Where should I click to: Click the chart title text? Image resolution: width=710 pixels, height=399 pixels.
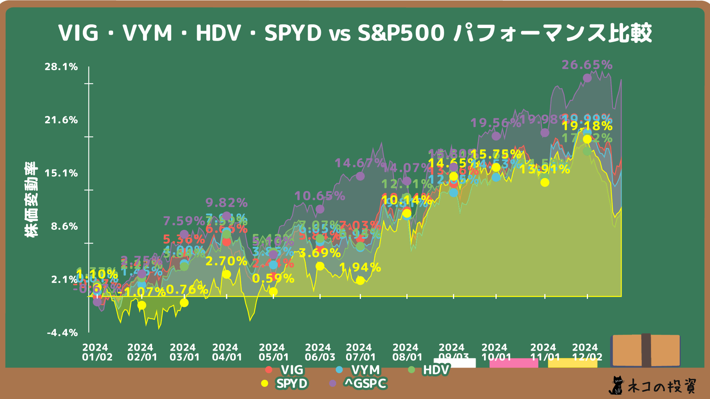point(355,33)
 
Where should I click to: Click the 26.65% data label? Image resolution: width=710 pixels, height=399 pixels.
point(587,65)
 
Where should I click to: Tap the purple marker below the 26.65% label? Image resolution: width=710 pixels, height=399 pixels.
point(587,78)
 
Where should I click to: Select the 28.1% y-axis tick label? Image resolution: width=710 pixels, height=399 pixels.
point(61,67)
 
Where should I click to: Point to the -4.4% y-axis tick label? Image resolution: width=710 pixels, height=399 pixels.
point(62,333)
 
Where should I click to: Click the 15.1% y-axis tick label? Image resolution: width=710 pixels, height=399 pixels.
point(61,173)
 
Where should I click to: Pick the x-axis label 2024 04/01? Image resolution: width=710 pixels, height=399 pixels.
point(227,352)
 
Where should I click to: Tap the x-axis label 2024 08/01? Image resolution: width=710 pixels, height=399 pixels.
point(407,352)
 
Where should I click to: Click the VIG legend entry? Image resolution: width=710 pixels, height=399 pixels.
point(291,370)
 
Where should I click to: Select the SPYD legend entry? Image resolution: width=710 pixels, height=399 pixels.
point(291,383)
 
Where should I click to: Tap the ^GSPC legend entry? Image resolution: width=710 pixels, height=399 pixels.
point(365,383)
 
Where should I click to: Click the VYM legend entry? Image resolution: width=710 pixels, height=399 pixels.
point(365,370)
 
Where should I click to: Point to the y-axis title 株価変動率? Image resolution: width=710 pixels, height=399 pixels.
point(31,199)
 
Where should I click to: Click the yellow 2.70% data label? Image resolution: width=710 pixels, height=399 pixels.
point(226,262)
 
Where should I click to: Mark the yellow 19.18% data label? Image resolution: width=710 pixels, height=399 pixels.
point(587,126)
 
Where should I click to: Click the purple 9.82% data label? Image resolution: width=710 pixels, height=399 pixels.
point(226,203)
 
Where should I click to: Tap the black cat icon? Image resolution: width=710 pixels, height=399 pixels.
point(616,386)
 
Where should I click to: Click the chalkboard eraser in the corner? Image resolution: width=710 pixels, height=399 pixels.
point(646,350)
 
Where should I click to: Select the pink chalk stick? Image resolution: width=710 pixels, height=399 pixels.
point(513,363)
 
